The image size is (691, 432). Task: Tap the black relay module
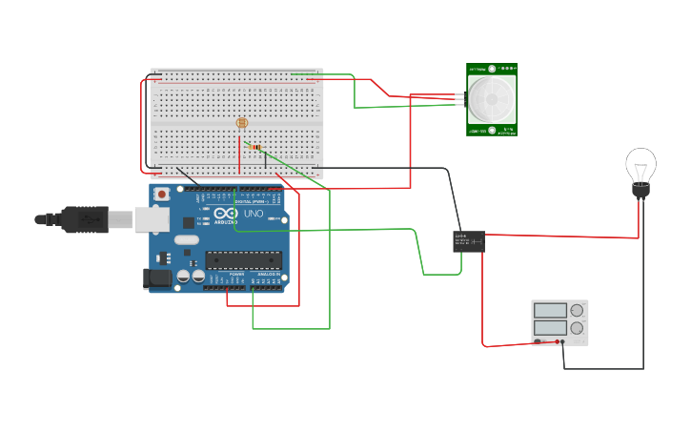[468, 241]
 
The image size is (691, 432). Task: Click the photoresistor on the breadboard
[241, 123]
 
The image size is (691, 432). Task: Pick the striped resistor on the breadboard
[254, 147]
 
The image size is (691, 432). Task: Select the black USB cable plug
[86, 219]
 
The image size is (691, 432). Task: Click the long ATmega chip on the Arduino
[243, 259]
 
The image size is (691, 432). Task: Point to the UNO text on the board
[254, 215]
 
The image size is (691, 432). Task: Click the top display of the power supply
[550, 310]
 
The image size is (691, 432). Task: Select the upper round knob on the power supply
[577, 310]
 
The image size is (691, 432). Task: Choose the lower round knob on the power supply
[577, 328]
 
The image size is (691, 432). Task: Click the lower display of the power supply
[550, 328]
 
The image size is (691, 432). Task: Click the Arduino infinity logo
[224, 214]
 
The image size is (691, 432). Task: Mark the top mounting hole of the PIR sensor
[492, 70]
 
